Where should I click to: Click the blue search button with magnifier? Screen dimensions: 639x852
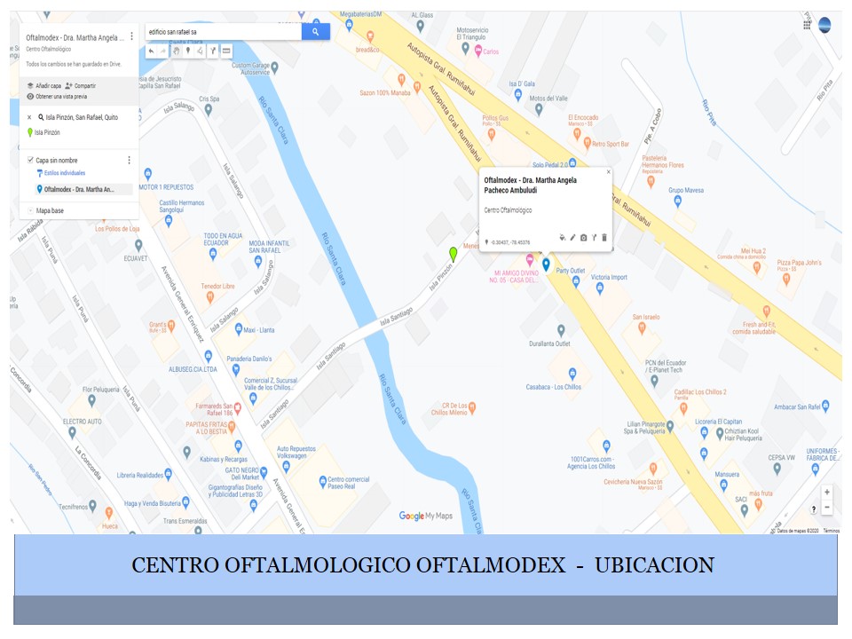[x=315, y=32]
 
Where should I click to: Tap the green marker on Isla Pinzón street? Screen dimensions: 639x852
[x=454, y=254]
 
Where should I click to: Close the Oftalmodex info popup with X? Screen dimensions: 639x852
[x=608, y=172]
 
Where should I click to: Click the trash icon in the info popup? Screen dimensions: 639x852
[x=604, y=238]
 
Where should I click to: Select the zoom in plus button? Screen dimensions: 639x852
[x=827, y=492]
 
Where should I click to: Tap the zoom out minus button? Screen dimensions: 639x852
[x=827, y=508]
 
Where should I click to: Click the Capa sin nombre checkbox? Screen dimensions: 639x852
[x=31, y=161]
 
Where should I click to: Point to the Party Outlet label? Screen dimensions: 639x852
[x=570, y=270]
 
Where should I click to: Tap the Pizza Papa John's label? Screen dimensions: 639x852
[x=799, y=263]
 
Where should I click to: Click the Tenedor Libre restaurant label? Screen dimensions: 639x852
[x=217, y=287]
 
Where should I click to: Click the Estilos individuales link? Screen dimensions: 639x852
[x=64, y=173]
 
